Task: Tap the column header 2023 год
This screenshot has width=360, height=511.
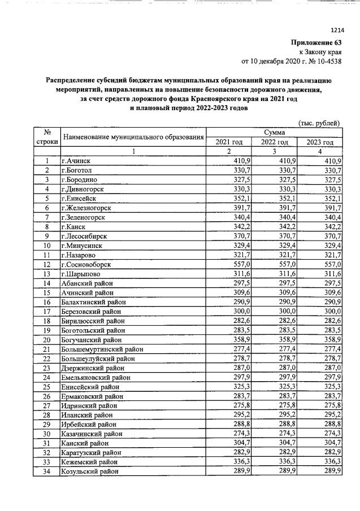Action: (x=320, y=142)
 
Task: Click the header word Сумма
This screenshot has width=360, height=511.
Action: (x=274, y=132)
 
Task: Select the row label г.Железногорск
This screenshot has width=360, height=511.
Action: (x=86, y=208)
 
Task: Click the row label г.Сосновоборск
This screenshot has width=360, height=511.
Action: (x=86, y=264)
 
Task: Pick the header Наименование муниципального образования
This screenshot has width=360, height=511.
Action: (x=133, y=137)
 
